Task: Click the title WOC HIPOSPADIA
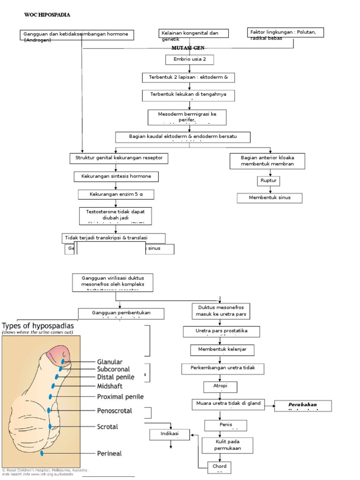[47, 15]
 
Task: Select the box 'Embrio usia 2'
[189, 60]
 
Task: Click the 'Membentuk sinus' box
[269, 197]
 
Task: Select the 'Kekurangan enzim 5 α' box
[115, 194]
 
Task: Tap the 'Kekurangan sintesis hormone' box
[116, 177]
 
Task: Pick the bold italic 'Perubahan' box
[303, 405]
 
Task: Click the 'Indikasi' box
[170, 435]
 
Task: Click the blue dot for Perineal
[42, 453]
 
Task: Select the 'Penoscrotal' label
[114, 411]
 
